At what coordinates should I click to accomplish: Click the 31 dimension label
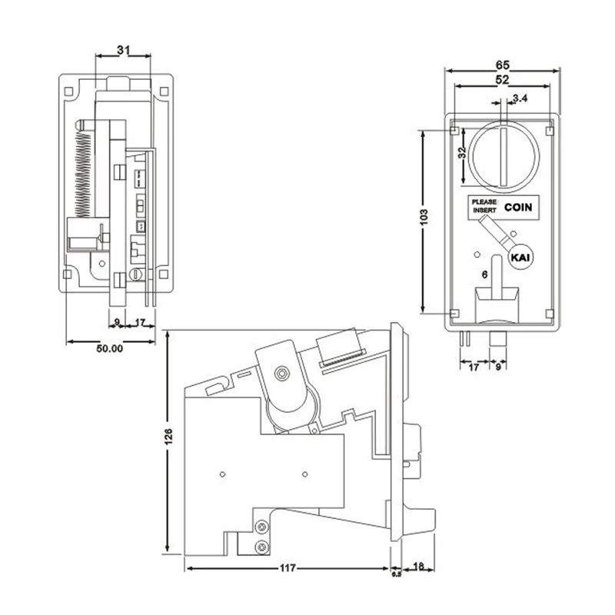[x=123, y=50]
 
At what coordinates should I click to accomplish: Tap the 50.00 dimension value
[x=109, y=348]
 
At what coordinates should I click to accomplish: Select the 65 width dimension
[x=503, y=65]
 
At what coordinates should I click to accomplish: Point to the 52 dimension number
[x=503, y=80]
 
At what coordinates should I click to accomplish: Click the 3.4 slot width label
[x=520, y=98]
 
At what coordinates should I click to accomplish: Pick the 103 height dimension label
[x=424, y=217]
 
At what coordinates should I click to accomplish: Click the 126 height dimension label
[x=168, y=437]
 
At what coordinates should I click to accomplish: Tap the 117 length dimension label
[x=288, y=568]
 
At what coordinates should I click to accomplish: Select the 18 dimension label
[x=418, y=567]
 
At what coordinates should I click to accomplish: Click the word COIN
[x=518, y=207]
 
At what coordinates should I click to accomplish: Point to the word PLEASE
[x=484, y=201]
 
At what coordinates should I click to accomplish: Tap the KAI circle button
[x=520, y=258]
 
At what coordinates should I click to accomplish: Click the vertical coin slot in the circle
[x=504, y=156]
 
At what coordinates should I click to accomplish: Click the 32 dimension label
[x=463, y=152]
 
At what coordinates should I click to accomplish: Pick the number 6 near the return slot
[x=485, y=274]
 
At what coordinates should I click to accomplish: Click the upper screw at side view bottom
[x=261, y=527]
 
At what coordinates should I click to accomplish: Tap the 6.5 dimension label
[x=397, y=574]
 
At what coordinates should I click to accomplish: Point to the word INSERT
[x=484, y=210]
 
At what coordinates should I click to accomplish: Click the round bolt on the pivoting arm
[x=281, y=373]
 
